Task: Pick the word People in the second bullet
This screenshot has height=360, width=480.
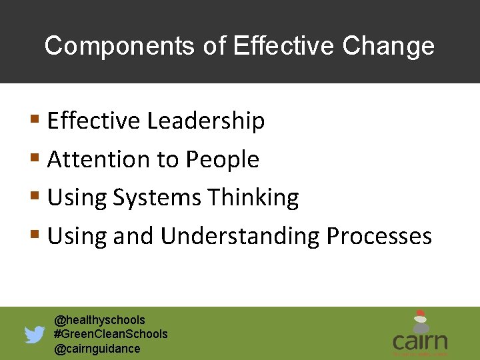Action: coord(222,160)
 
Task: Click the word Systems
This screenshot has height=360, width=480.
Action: coord(157,198)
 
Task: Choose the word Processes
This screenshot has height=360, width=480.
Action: coord(379,236)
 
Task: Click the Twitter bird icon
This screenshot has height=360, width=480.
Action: coord(35,334)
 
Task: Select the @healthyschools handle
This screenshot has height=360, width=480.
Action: coord(99,320)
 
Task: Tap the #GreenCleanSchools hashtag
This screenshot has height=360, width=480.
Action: coord(111,334)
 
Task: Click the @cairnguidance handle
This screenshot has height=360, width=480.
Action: coord(97,349)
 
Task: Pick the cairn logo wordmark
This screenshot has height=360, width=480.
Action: coord(420,342)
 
